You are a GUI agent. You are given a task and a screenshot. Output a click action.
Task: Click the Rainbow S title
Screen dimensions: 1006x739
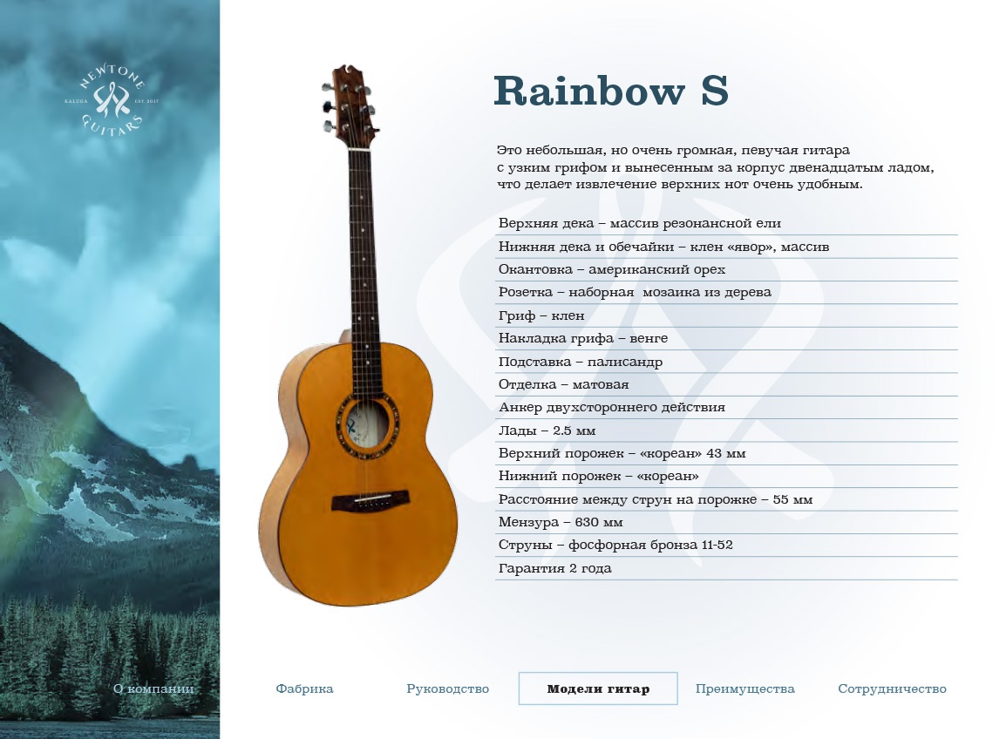pos(611,91)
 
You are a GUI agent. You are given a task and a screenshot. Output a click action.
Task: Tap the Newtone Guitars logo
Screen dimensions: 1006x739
pos(112,100)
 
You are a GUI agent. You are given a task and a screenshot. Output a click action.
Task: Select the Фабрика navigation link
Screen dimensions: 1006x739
pos(304,689)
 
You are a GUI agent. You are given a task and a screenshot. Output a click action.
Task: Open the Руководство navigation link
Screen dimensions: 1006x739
pos(448,689)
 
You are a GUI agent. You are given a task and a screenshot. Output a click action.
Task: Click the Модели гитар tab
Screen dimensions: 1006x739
pos(598,689)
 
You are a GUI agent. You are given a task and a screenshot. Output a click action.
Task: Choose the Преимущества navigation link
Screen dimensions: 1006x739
pos(744,689)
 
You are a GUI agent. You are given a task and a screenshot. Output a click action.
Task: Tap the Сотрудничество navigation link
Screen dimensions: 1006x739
pos(892,689)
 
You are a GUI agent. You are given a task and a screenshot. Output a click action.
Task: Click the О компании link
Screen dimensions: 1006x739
pos(153,689)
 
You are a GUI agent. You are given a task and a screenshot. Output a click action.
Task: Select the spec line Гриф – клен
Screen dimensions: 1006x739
pos(541,315)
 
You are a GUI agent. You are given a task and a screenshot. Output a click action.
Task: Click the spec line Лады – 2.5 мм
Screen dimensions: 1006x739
pos(547,431)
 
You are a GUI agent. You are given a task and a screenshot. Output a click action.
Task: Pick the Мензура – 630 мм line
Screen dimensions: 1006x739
pos(561,522)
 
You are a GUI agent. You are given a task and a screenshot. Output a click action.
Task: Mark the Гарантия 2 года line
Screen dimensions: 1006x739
pos(555,568)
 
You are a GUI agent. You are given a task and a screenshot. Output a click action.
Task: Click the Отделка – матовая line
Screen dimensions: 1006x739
pos(563,384)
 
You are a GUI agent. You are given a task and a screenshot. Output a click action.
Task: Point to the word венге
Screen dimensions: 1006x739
pos(649,338)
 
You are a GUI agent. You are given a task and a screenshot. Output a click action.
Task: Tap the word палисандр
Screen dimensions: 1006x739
pos(625,362)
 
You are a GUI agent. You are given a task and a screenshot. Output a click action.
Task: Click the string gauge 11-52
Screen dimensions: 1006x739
pos(717,545)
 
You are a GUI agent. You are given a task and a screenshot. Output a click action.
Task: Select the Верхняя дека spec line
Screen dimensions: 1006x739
pos(640,223)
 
